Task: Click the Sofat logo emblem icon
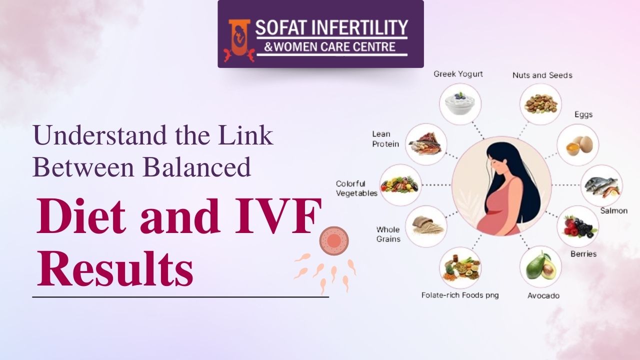[239, 40]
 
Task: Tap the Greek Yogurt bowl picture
[460, 103]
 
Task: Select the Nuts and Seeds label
[542, 75]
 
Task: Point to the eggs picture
[577, 145]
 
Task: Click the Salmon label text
[613, 211]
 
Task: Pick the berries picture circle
[577, 226]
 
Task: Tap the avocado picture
[540, 267]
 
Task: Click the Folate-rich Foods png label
[460, 295]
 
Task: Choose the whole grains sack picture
[426, 226]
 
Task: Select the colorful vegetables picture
[400, 185]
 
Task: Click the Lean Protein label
[385, 139]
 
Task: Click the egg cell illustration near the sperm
[334, 240]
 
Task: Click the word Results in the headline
[115, 268]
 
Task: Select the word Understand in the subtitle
[100, 135]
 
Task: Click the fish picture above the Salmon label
[601, 185]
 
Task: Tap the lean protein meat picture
[426, 144]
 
